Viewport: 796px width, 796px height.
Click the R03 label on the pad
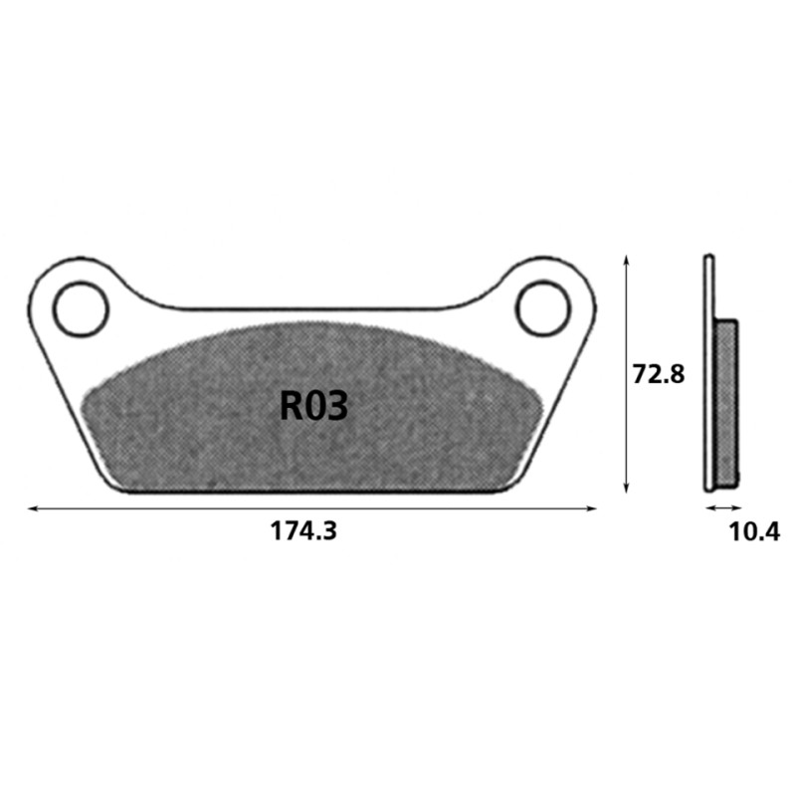point(313,406)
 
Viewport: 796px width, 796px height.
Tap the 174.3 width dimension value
point(303,531)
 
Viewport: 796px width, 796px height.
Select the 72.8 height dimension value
point(659,374)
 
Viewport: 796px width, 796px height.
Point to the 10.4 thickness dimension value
point(754,531)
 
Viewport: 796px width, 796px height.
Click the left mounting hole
point(81,309)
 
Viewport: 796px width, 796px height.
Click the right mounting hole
point(542,309)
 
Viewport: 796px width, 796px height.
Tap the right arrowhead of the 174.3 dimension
point(591,508)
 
